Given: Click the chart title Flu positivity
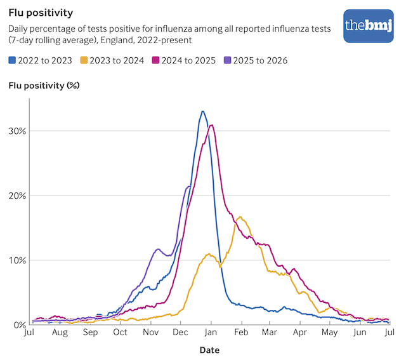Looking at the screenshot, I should (x=40, y=13).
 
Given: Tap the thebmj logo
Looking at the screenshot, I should (x=368, y=26).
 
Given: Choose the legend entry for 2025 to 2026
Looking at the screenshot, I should (x=257, y=60).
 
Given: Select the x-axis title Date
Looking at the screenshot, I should (x=209, y=350).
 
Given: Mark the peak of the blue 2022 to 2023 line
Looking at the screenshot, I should (x=202, y=112).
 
